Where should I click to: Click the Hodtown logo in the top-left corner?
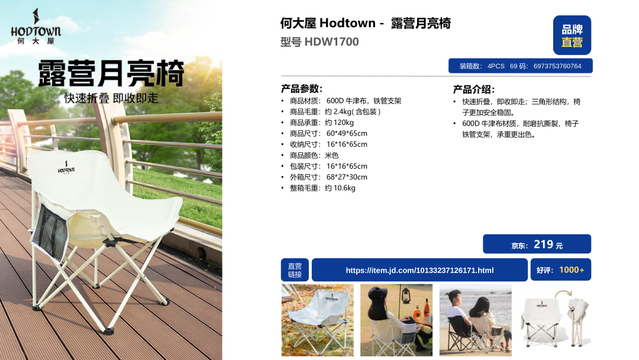pos(36,27)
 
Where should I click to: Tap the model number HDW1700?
pos(331,42)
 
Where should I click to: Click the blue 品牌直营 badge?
pos(572,36)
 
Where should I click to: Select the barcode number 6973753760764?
pos(557,66)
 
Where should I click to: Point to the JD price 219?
pos(543,244)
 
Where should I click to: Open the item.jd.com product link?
pos(419,271)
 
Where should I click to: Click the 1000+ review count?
pos(572,270)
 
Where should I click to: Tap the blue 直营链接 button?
pos(295,270)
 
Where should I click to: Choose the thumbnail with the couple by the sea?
pos(475,320)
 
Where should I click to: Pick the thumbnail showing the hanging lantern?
pos(396,320)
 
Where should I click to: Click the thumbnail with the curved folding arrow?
pos(555,320)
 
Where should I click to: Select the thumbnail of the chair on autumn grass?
pos(318,320)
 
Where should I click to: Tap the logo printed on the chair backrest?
pos(66,167)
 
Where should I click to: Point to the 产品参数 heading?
pos(302,89)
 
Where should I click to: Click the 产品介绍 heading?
pos(473,89)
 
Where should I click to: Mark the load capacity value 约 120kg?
pos(339,123)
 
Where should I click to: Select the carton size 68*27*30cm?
pos(347,178)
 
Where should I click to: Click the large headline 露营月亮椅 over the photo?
pos(111,73)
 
